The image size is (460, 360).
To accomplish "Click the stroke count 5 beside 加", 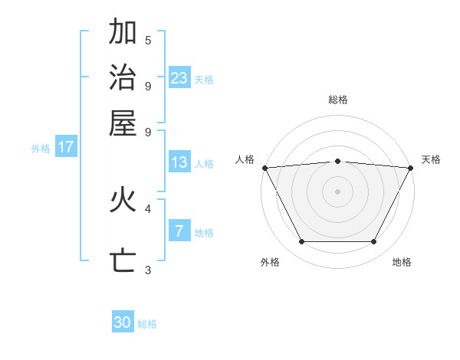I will (x=148, y=40).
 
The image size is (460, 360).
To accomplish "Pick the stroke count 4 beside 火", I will (x=148, y=208).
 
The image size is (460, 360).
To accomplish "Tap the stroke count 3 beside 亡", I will (x=148, y=270).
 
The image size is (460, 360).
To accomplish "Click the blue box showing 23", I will (x=179, y=77).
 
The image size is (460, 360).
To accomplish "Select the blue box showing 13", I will (x=179, y=162).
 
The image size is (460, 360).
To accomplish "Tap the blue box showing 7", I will (x=179, y=231).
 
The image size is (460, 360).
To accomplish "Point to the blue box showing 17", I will (x=66, y=147).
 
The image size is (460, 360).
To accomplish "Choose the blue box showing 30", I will (x=123, y=322).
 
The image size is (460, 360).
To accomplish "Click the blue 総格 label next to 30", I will (x=148, y=324).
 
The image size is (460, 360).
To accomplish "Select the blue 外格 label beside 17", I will (x=41, y=149).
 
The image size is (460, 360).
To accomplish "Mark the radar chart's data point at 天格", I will (x=411, y=168).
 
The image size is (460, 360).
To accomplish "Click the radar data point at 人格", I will (x=264, y=168).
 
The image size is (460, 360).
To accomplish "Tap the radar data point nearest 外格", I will (x=301, y=242).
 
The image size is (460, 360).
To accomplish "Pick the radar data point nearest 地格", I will (x=374, y=242).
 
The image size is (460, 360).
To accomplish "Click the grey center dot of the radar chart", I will (x=337, y=191).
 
